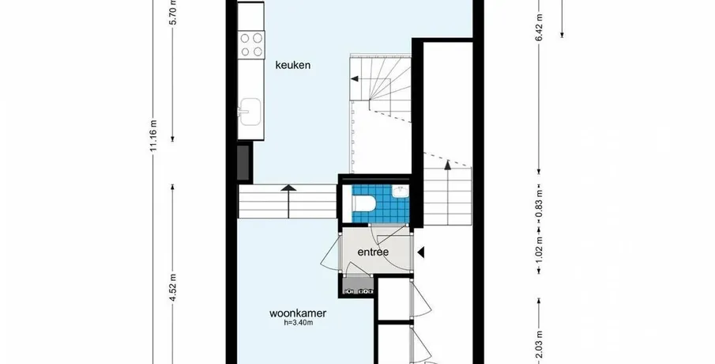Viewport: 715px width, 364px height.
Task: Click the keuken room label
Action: click(293, 65)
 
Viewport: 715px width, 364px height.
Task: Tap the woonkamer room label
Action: click(298, 313)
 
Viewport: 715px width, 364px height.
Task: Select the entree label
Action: click(373, 252)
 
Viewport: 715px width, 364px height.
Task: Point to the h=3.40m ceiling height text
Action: click(298, 323)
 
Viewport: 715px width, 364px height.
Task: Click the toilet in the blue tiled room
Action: click(364, 203)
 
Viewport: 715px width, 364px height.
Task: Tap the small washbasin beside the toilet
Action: click(400, 191)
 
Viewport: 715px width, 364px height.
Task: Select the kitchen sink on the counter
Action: click(250, 112)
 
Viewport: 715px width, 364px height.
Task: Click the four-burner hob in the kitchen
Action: click(251, 44)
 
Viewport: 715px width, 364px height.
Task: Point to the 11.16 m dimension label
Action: click(154, 135)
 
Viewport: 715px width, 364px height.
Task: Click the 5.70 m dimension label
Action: click(173, 13)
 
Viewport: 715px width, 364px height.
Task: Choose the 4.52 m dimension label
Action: click(173, 286)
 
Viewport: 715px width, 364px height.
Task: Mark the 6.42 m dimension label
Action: click(540, 28)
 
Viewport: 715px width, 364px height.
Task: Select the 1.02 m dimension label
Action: click(540, 249)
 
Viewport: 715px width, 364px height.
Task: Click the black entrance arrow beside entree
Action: click(421, 252)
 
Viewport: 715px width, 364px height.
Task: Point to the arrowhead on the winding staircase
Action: click(354, 79)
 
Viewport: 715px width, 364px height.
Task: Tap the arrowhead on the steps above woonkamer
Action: click(288, 188)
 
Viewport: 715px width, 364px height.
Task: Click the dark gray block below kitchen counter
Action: click(243, 162)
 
